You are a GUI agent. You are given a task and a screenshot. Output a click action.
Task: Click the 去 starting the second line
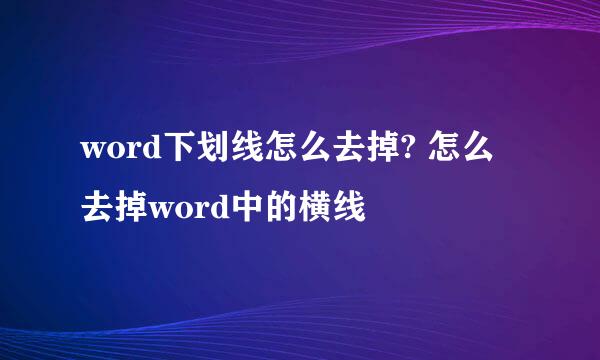point(98,209)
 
